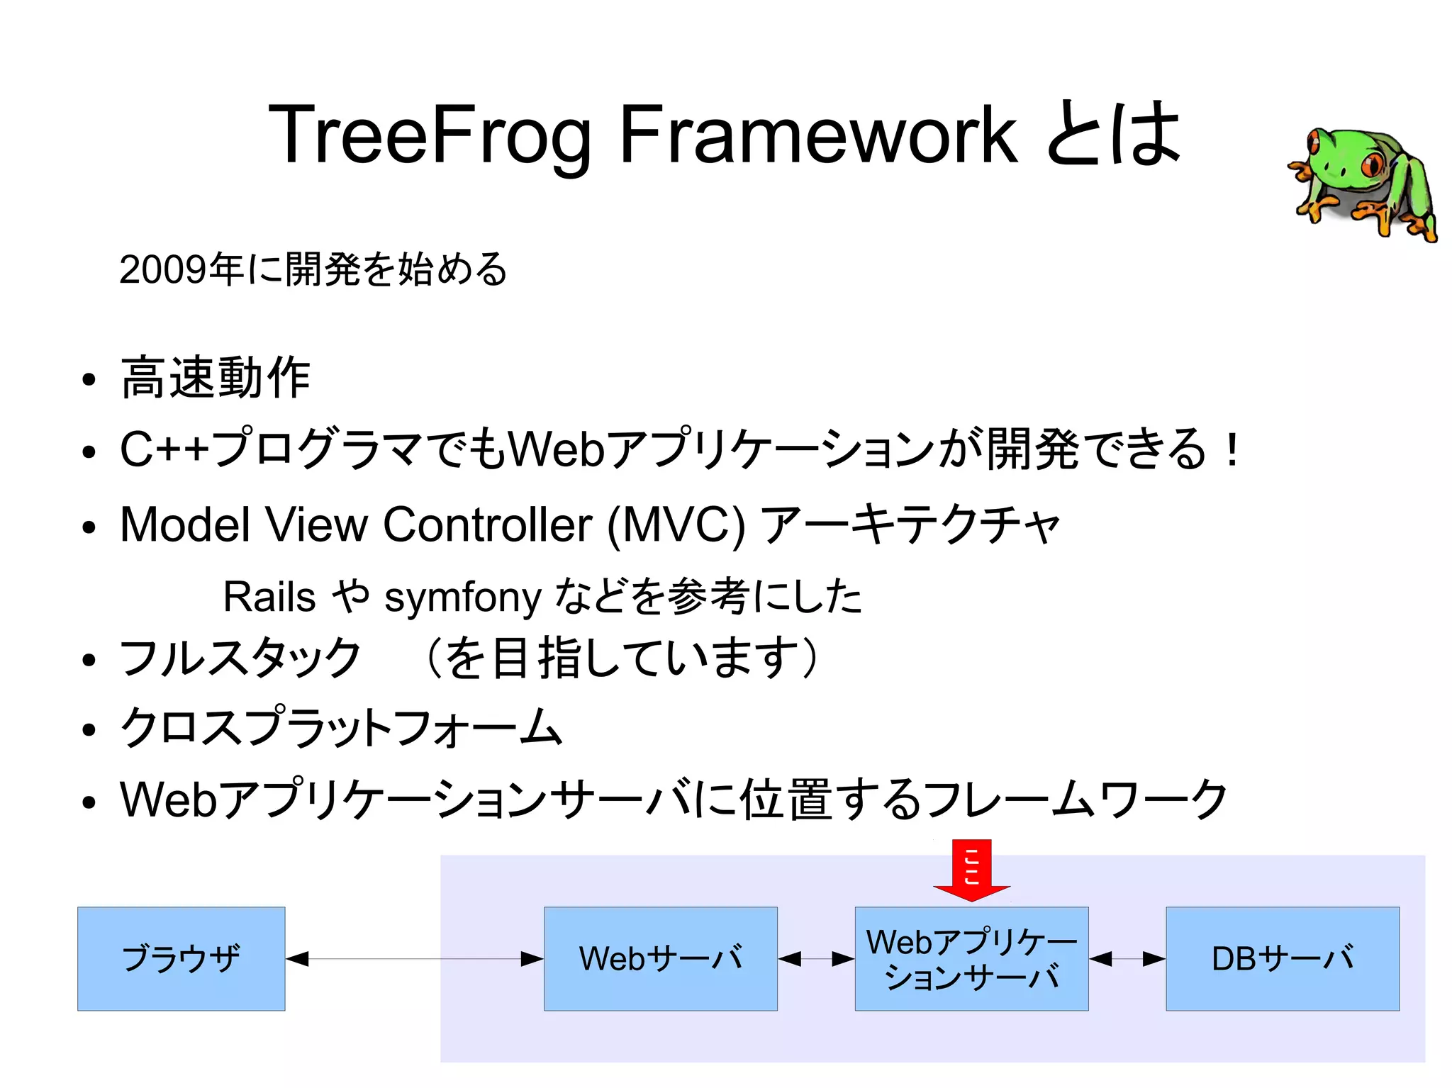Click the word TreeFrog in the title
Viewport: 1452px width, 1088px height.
(429, 135)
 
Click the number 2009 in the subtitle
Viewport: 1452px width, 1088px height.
(164, 270)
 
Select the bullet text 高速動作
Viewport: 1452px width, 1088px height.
(216, 378)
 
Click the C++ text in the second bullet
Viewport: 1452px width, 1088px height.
(163, 449)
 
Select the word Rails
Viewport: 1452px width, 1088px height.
(269, 597)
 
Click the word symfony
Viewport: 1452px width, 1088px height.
(462, 598)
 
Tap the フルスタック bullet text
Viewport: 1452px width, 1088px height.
(241, 658)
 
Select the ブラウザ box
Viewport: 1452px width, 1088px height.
(181, 958)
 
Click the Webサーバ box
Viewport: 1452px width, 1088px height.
(660, 958)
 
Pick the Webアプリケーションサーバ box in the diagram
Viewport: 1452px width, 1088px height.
(971, 958)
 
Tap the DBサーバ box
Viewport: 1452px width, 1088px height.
(1282, 958)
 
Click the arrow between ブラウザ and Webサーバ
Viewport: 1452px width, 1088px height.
(415, 959)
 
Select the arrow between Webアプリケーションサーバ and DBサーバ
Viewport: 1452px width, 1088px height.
(1127, 959)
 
